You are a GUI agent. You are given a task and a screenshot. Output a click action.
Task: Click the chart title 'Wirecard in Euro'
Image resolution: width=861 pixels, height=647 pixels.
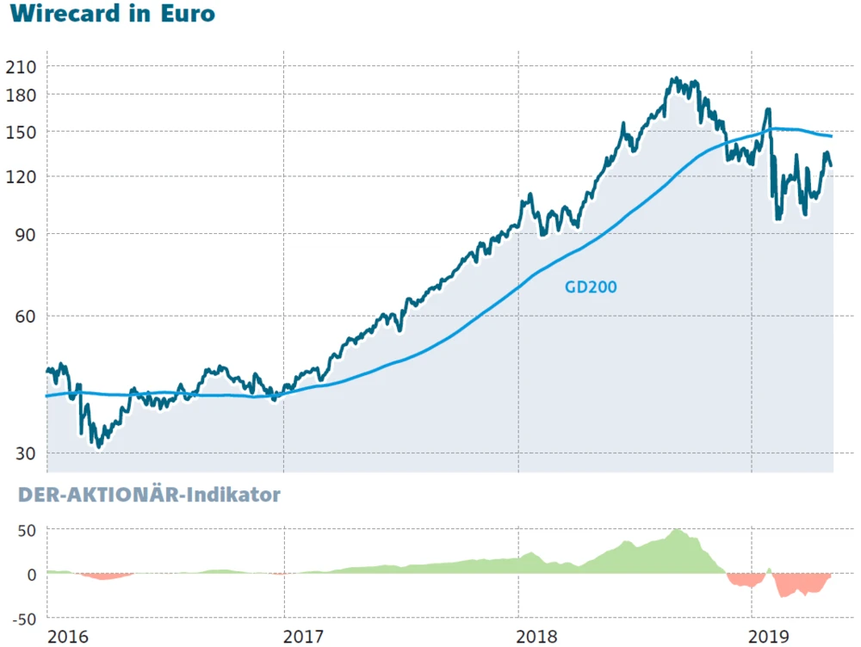[x=112, y=15]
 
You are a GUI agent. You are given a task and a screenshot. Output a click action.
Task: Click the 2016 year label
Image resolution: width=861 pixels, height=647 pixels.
[x=68, y=637]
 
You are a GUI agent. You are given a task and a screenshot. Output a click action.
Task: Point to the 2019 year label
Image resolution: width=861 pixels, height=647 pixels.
[x=771, y=637]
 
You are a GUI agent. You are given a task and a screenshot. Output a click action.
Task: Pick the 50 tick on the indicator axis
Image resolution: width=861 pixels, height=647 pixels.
[x=28, y=530]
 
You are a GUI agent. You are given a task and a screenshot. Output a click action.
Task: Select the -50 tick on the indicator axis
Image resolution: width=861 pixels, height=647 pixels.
[x=25, y=619]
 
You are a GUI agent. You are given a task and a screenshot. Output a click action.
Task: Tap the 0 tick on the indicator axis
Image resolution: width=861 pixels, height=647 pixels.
[x=32, y=574]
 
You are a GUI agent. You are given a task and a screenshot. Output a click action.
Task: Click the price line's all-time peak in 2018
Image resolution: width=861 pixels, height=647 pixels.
[x=673, y=79]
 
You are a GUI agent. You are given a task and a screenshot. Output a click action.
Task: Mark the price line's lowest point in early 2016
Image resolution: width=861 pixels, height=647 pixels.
[x=99, y=447]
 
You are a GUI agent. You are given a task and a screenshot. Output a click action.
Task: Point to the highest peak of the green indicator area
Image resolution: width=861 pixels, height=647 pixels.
[x=678, y=529]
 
